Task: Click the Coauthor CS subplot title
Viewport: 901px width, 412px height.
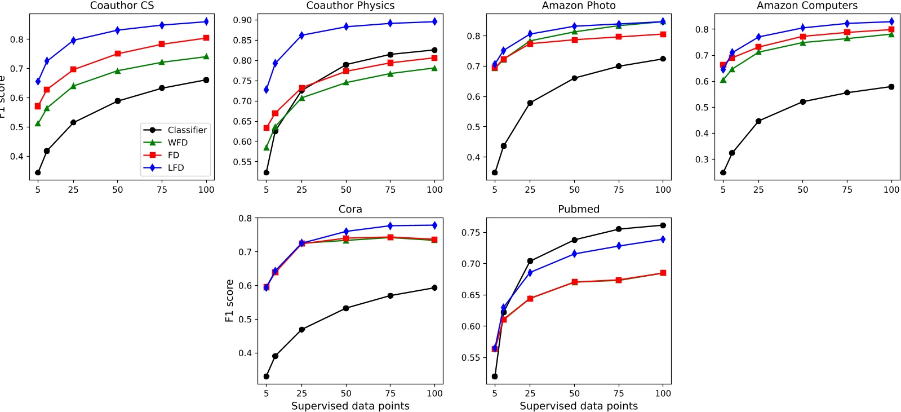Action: [122, 6]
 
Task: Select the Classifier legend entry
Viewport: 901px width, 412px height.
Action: [187, 130]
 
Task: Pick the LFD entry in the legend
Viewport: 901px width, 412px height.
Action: [176, 168]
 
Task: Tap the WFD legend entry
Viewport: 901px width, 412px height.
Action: [177, 143]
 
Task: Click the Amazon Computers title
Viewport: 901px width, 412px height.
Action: [807, 6]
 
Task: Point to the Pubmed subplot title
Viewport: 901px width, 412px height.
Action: [578, 209]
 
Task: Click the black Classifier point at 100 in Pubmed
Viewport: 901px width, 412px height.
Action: [663, 225]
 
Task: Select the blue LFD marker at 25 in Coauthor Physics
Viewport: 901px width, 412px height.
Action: [302, 36]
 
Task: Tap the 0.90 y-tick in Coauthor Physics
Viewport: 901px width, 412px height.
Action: [242, 20]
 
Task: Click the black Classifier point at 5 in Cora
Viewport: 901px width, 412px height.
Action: [267, 376]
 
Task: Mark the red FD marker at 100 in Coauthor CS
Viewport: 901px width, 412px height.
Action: [206, 38]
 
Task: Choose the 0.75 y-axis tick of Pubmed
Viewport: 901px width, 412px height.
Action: [471, 233]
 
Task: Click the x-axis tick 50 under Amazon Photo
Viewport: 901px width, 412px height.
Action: [574, 190]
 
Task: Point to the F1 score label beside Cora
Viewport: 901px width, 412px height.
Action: [229, 301]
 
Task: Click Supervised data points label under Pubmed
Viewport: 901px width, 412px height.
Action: [578, 406]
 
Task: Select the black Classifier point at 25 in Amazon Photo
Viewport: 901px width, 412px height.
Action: [530, 103]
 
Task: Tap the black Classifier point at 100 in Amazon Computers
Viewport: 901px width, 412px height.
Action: [891, 87]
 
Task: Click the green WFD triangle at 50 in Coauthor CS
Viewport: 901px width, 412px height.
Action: [118, 71]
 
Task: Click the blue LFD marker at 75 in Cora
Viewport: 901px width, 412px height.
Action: [390, 226]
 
